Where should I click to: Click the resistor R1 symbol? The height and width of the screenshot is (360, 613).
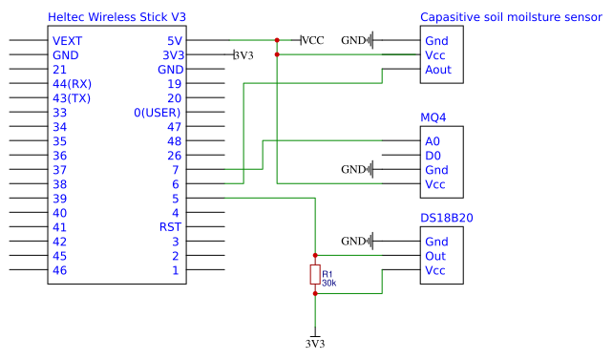pyautogui.click(x=315, y=274)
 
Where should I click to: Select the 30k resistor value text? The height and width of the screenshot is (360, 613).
pyautogui.click(x=328, y=283)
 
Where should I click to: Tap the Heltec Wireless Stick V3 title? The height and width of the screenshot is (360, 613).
pyautogui.click(x=116, y=17)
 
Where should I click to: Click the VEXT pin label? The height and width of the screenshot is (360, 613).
pyautogui.click(x=67, y=41)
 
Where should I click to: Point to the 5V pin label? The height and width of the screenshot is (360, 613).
pyautogui.click(x=175, y=41)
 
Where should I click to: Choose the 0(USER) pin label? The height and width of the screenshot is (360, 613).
pyautogui.click(x=158, y=113)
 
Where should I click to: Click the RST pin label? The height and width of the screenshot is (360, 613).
pyautogui.click(x=170, y=227)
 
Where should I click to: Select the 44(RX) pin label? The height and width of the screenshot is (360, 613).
pyautogui.click(x=72, y=84)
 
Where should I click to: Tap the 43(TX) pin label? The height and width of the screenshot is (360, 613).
pyautogui.click(x=72, y=98)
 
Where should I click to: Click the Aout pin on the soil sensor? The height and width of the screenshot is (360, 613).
pyautogui.click(x=438, y=70)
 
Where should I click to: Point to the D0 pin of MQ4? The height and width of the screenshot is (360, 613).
pyautogui.click(x=433, y=156)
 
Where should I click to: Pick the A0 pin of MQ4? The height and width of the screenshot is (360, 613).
pyautogui.click(x=433, y=141)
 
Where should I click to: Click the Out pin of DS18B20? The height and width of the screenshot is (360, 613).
pyautogui.click(x=435, y=256)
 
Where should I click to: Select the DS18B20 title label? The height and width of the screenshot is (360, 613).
pyautogui.click(x=447, y=218)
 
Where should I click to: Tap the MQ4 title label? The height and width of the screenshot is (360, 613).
pyautogui.click(x=433, y=117)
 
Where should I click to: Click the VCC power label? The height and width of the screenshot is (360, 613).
pyautogui.click(x=313, y=40)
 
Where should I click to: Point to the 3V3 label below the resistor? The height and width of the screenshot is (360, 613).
pyautogui.click(x=315, y=344)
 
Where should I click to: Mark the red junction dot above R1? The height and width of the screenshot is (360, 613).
pyautogui.click(x=315, y=255)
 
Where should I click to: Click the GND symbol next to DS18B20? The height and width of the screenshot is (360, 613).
pyautogui.click(x=357, y=242)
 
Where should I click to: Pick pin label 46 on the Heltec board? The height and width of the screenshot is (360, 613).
pyautogui.click(x=59, y=270)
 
